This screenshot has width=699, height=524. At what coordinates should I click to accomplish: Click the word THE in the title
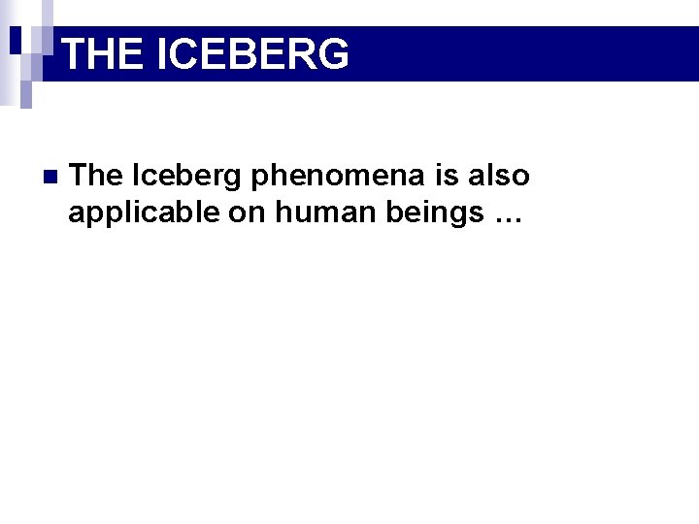[x=102, y=54]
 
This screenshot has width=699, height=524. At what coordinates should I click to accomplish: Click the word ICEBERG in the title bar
[x=251, y=54]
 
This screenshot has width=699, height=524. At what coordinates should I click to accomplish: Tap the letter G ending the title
[x=330, y=54]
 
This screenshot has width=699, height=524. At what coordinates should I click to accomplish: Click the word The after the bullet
[x=97, y=176]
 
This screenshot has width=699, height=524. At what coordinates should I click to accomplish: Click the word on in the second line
[x=249, y=213]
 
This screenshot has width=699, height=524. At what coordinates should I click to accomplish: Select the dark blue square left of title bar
[x=17, y=39]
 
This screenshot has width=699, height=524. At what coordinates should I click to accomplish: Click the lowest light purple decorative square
[x=27, y=94]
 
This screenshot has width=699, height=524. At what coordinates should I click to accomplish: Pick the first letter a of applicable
[x=76, y=214]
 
